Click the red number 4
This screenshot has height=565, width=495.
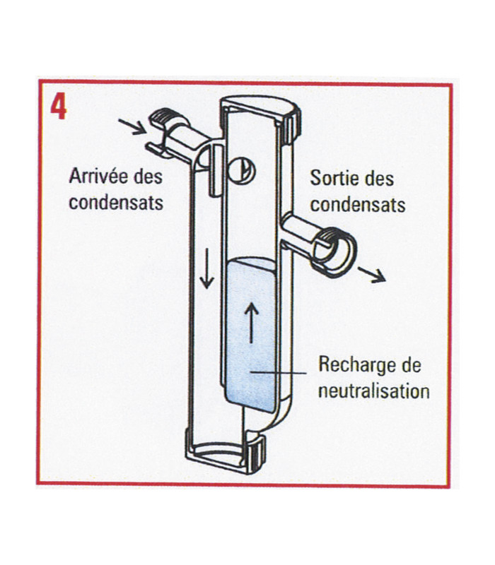(58, 107)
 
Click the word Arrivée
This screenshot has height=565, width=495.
(95, 176)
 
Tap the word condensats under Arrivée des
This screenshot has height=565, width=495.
(116, 202)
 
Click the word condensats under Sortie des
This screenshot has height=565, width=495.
(358, 204)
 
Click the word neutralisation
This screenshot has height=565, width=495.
(374, 391)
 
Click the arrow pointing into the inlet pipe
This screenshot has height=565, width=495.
(132, 126)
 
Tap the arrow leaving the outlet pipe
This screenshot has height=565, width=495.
(373, 275)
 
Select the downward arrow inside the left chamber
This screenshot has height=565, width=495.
(206, 268)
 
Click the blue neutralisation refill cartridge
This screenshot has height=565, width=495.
(251, 335)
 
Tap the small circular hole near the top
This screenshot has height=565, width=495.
(242, 170)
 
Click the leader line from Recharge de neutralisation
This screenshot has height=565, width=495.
(279, 373)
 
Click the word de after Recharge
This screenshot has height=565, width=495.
(411, 365)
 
